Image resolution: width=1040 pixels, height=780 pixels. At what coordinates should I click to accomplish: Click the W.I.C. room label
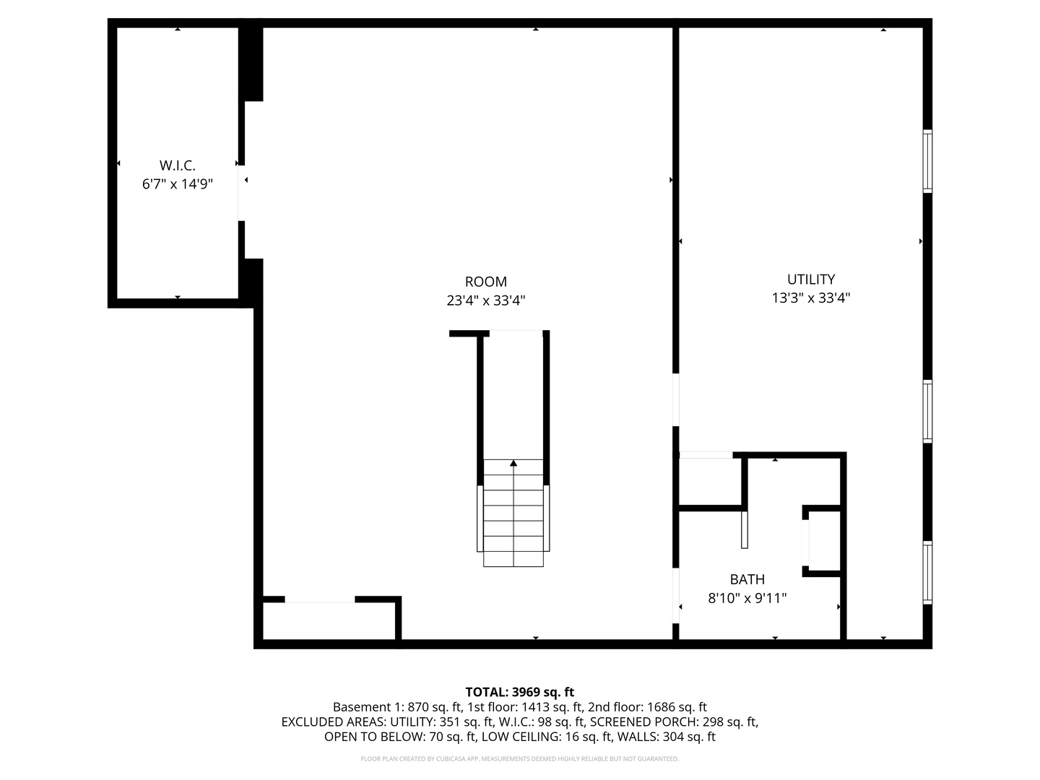point(178,165)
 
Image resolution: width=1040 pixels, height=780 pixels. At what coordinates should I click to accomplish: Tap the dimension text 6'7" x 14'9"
point(178,184)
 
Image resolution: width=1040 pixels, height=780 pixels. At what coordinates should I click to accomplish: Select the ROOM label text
point(485,282)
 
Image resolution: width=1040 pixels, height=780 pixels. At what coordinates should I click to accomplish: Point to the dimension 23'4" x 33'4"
point(485,300)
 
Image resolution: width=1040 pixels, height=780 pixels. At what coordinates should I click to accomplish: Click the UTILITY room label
point(811,279)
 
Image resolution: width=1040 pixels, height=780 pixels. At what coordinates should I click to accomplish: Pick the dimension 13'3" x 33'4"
point(811,298)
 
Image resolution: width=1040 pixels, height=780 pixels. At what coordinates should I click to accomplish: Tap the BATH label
point(747,579)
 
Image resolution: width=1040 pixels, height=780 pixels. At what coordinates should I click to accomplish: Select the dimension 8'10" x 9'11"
point(747,598)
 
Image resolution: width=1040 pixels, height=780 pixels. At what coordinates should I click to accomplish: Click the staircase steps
point(513,520)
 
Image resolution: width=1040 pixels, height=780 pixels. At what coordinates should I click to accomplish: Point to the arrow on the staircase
point(513,464)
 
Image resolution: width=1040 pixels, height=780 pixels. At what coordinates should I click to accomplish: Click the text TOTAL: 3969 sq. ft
point(519,692)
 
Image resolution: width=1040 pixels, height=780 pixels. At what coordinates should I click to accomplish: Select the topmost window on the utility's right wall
point(928,161)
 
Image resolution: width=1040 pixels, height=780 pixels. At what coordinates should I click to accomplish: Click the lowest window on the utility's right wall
point(928,572)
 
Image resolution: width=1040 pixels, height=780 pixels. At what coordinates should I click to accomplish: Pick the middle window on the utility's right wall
point(928,411)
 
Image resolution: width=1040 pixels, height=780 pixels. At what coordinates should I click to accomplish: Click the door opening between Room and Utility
point(676,399)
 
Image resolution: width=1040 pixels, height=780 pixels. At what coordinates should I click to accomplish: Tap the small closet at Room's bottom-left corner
point(329,620)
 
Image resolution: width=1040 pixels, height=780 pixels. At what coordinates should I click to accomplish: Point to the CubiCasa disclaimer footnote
point(519,759)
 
